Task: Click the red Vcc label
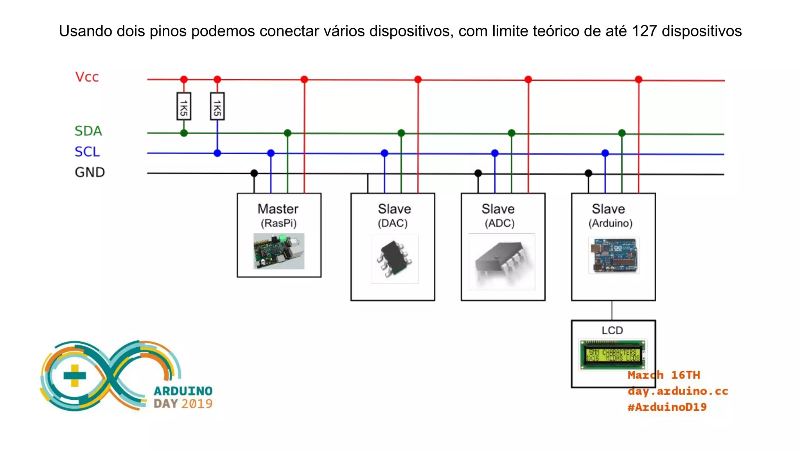pyautogui.click(x=87, y=77)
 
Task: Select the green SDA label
pyautogui.click(x=88, y=131)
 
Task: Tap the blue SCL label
pyautogui.click(x=87, y=152)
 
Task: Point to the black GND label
pyautogui.click(x=90, y=172)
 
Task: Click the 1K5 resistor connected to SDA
pyautogui.click(x=184, y=106)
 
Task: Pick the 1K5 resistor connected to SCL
pyautogui.click(x=217, y=106)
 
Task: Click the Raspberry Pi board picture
pyautogui.click(x=279, y=251)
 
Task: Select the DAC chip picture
pyautogui.click(x=395, y=259)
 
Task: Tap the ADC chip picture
pyautogui.click(x=501, y=262)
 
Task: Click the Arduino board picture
pyautogui.click(x=614, y=255)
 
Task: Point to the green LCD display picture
pyautogui.click(x=612, y=355)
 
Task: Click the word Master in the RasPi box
pyautogui.click(x=278, y=209)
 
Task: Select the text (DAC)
pyautogui.click(x=393, y=224)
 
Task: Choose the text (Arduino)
pyautogui.click(x=611, y=224)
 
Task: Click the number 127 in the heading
pyautogui.click(x=644, y=31)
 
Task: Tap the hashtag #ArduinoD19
pyautogui.click(x=667, y=407)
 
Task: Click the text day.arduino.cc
pyautogui.click(x=678, y=391)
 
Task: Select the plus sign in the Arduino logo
pyautogui.click(x=75, y=375)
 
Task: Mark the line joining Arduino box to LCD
pyautogui.click(x=612, y=310)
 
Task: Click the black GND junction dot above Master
pyautogui.click(x=254, y=173)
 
